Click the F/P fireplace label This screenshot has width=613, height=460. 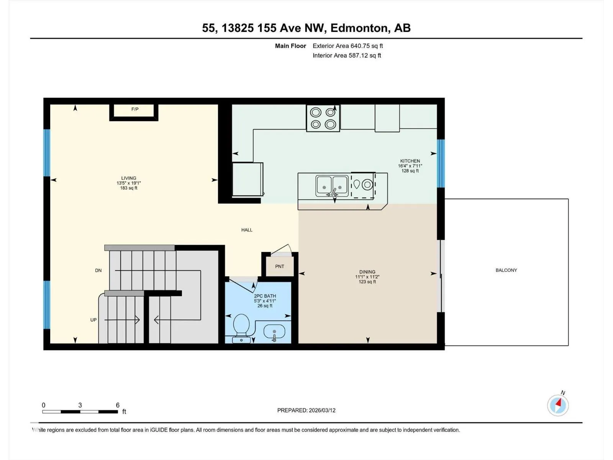point(134,109)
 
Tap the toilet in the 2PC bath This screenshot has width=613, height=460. point(241,328)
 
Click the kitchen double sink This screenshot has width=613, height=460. point(332,186)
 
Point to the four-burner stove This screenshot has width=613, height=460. point(323,118)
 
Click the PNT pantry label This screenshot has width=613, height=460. point(280,266)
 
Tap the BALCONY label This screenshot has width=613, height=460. point(506,270)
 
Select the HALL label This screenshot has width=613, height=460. point(247,230)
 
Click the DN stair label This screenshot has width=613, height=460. point(98,270)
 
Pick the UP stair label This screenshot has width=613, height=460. point(93,320)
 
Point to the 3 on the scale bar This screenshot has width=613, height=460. point(80,405)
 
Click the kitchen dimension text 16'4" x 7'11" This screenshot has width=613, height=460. point(410,166)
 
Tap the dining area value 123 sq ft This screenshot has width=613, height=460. point(367,282)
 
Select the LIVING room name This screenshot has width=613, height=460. point(129,178)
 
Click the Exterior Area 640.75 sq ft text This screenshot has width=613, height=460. point(348,46)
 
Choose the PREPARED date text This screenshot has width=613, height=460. point(306,410)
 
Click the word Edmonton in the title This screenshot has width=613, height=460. point(359,28)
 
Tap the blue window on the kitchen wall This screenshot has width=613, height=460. point(441,163)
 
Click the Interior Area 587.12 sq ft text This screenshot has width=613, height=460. point(347,55)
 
